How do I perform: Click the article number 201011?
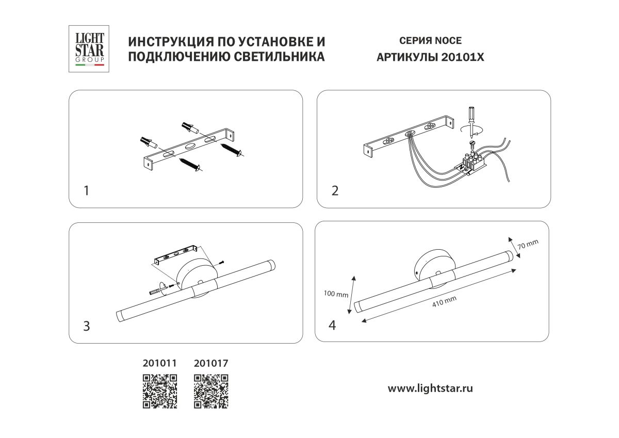click(159, 363)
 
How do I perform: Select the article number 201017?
click(210, 363)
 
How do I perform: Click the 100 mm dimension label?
click(336, 294)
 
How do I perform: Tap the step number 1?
click(86, 191)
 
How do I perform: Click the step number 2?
click(335, 191)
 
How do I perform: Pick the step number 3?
click(87, 326)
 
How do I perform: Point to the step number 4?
click(333, 326)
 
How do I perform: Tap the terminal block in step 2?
click(474, 163)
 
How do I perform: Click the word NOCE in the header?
click(449, 41)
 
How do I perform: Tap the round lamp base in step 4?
click(434, 263)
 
